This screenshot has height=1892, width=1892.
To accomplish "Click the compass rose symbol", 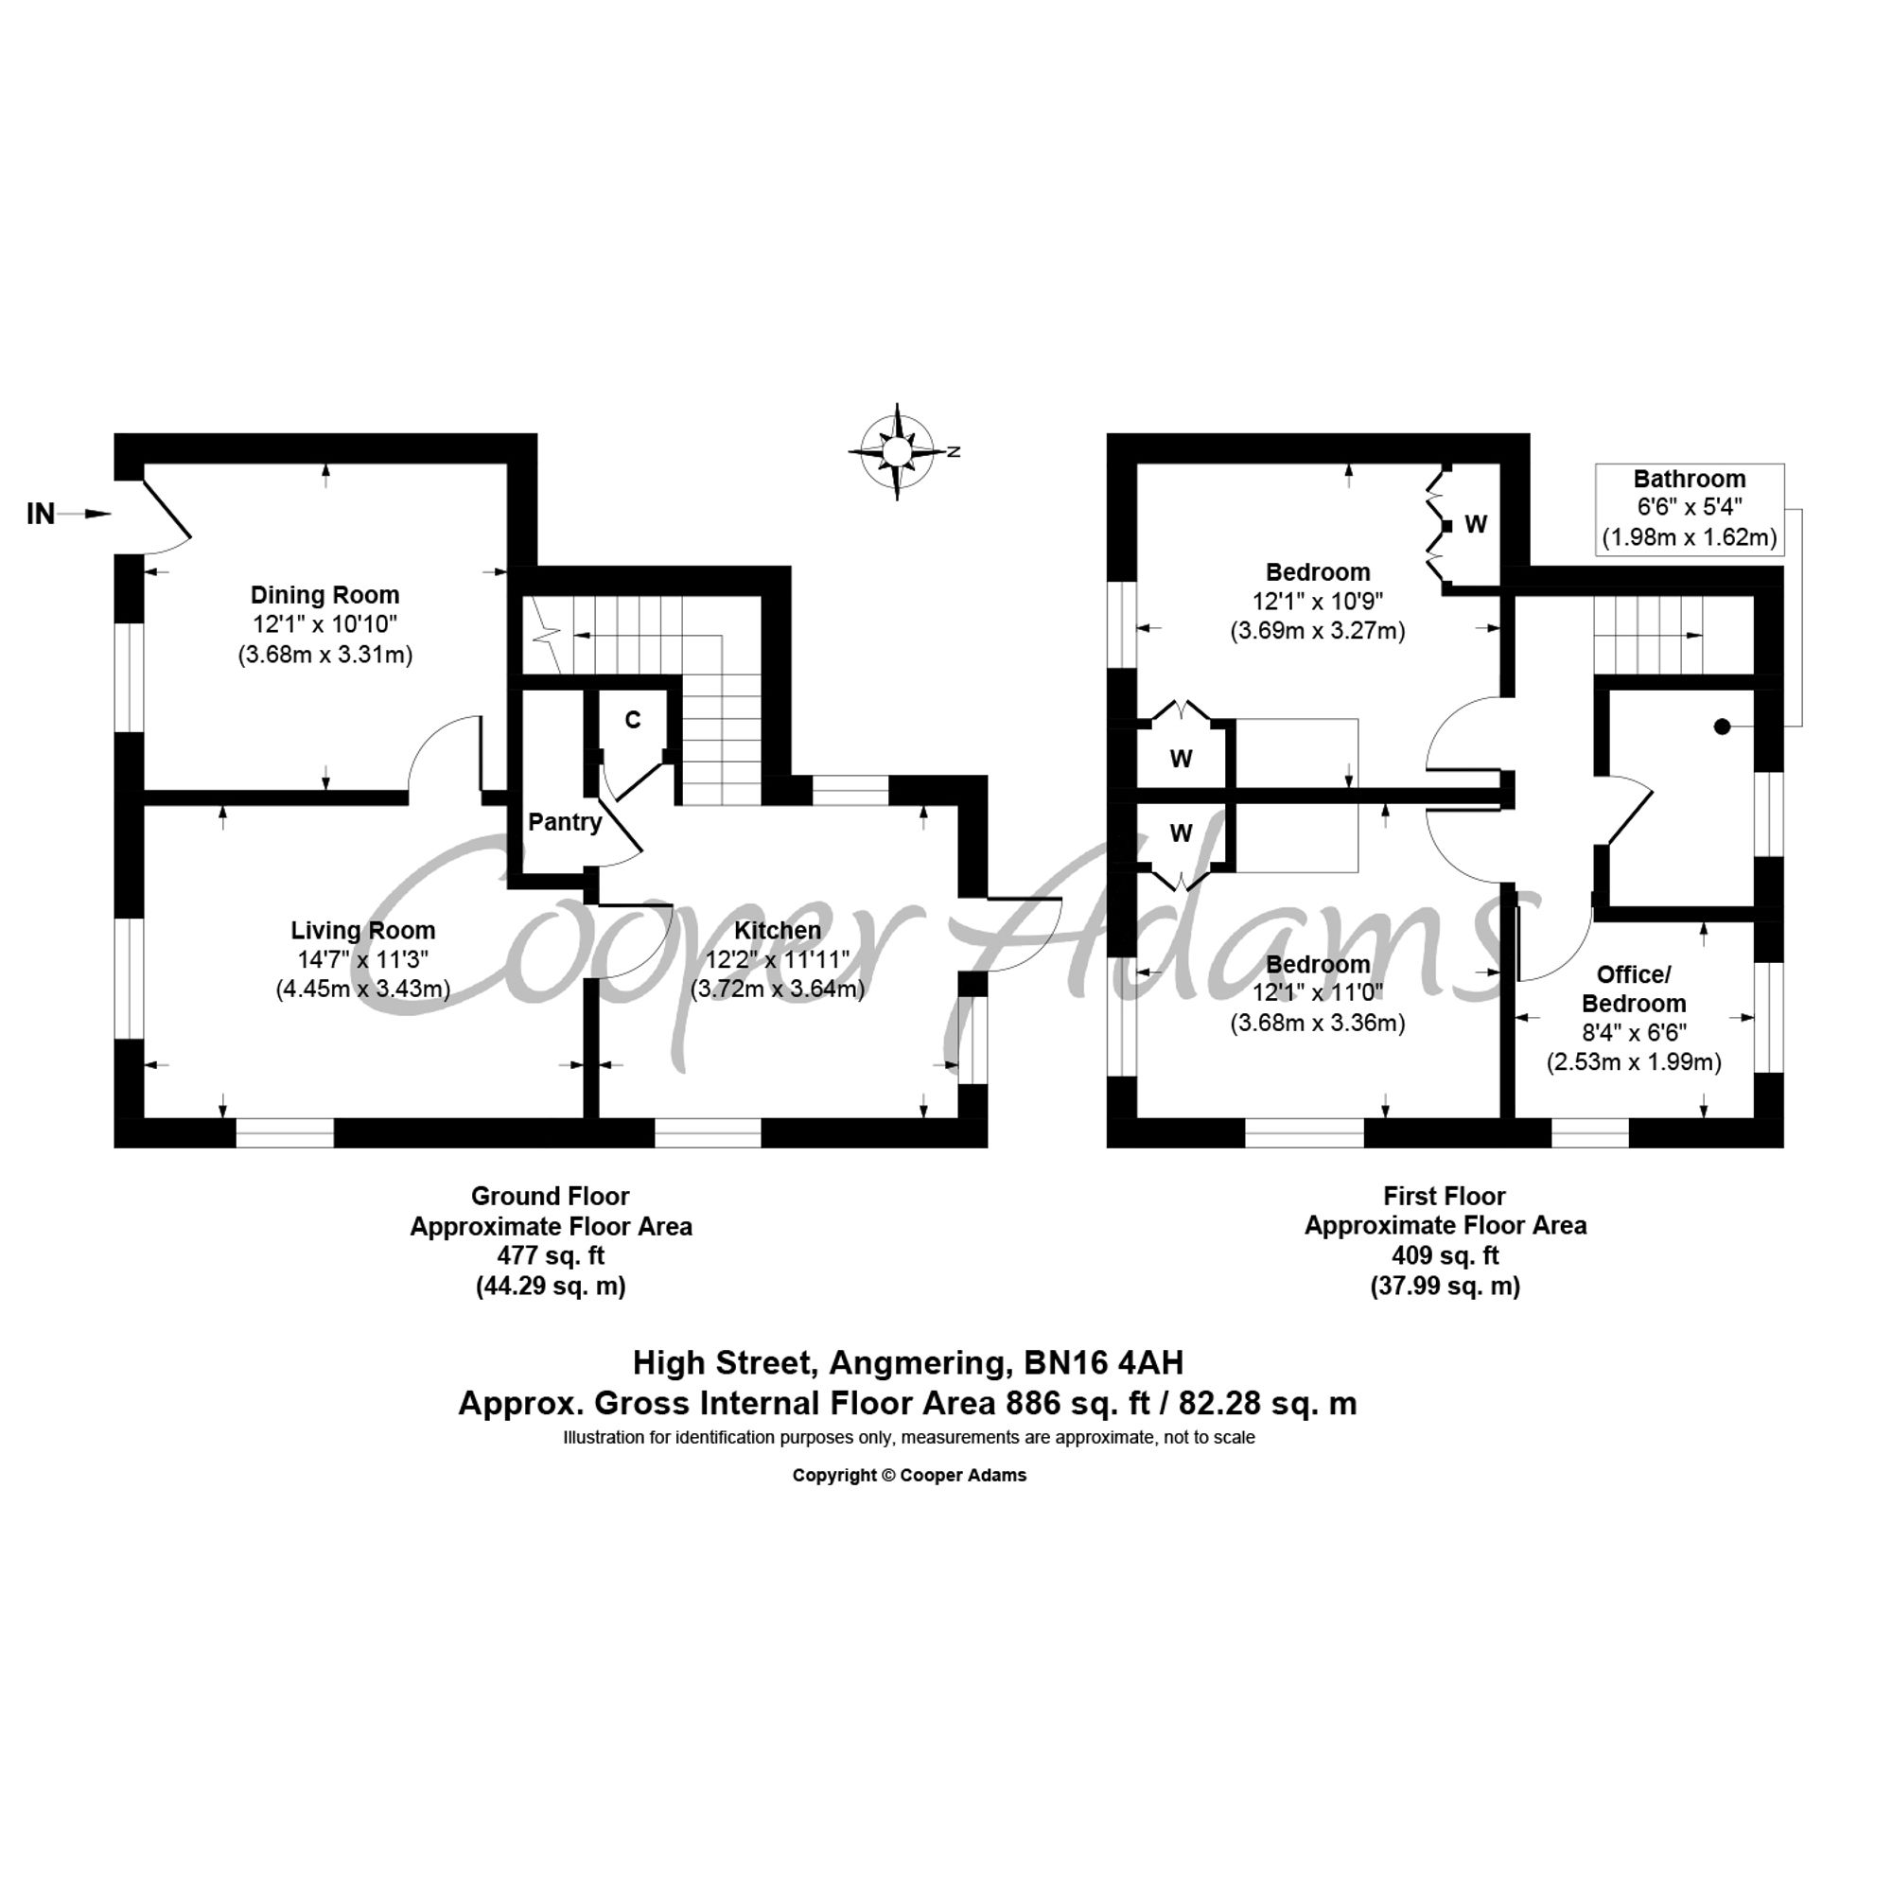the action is point(898,451).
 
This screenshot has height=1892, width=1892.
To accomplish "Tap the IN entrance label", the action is point(41,513).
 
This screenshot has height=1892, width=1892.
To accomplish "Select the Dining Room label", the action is point(325,594).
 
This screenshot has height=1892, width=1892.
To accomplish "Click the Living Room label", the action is point(363,930).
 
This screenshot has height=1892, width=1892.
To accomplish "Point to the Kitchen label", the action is point(778,930).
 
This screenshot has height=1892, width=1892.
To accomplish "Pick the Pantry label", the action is point(565,822).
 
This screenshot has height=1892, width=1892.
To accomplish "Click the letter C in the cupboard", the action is point(633,720).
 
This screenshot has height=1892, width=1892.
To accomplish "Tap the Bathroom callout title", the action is point(1690,479).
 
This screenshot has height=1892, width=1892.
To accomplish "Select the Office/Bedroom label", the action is point(1634,989).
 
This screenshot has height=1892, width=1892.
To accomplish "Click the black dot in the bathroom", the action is point(1722,727).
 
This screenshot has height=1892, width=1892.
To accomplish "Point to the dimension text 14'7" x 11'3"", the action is point(363,959).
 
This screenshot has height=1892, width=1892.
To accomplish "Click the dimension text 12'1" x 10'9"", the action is point(1317,602).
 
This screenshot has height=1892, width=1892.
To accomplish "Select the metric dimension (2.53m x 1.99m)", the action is point(1634,1061).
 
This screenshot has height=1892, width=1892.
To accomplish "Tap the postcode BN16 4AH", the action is point(1104,1362).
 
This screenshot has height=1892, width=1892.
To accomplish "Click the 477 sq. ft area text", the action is point(551,1255).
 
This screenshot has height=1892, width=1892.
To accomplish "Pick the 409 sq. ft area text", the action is point(1445,1255).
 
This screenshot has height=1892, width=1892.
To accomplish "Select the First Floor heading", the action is point(1445,1196).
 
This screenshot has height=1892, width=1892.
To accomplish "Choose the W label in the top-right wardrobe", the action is point(1476,524).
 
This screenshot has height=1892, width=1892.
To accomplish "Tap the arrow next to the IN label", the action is point(85,513).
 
